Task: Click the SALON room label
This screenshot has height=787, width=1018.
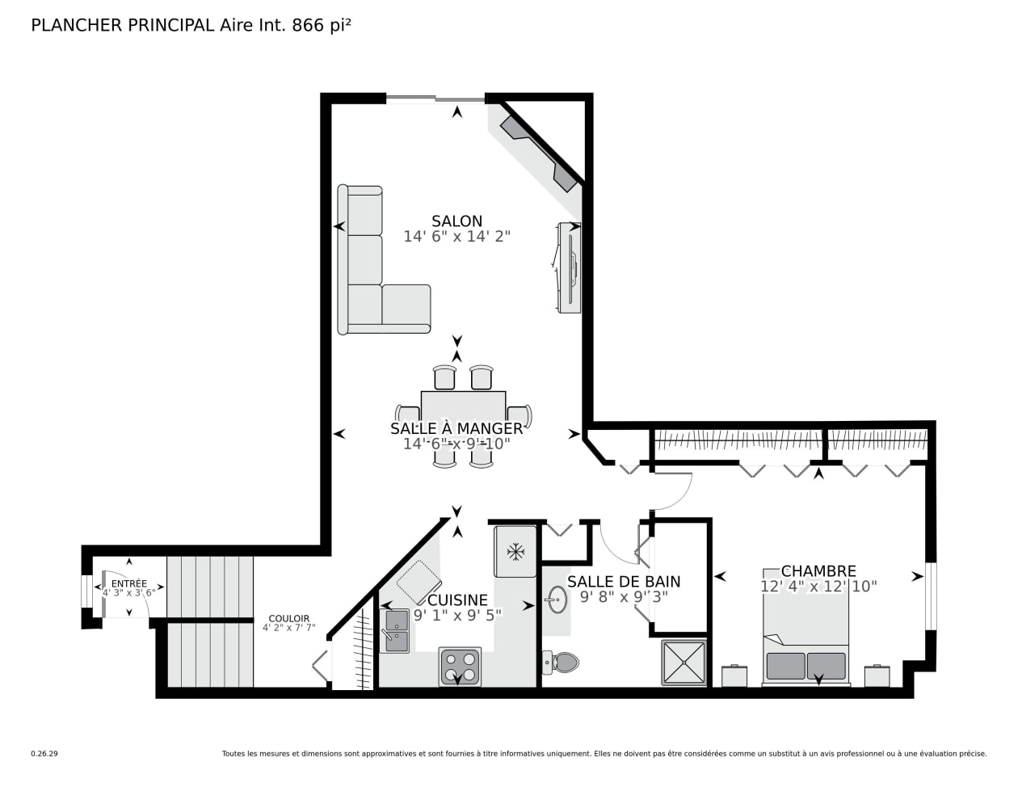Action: [456, 221]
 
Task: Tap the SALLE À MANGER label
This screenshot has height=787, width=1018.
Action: [456, 428]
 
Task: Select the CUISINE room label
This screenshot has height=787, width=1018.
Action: [457, 600]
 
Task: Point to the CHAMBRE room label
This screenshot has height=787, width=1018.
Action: [818, 571]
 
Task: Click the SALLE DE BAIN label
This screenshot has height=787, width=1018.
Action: [624, 581]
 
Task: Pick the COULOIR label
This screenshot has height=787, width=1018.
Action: [289, 618]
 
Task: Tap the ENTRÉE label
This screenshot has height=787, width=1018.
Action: [129, 583]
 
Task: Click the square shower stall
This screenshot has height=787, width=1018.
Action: [684, 663]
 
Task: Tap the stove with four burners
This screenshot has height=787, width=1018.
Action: [460, 667]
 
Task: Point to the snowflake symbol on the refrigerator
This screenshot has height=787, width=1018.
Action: [515, 552]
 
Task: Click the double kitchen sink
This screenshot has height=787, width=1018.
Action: [397, 631]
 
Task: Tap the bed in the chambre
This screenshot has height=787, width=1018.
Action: [806, 627]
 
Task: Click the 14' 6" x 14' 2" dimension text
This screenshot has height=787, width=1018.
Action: [456, 237]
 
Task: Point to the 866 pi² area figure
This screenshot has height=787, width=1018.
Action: [322, 25]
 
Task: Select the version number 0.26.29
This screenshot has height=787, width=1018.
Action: [44, 754]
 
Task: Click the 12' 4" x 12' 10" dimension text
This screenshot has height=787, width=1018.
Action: [818, 586]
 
